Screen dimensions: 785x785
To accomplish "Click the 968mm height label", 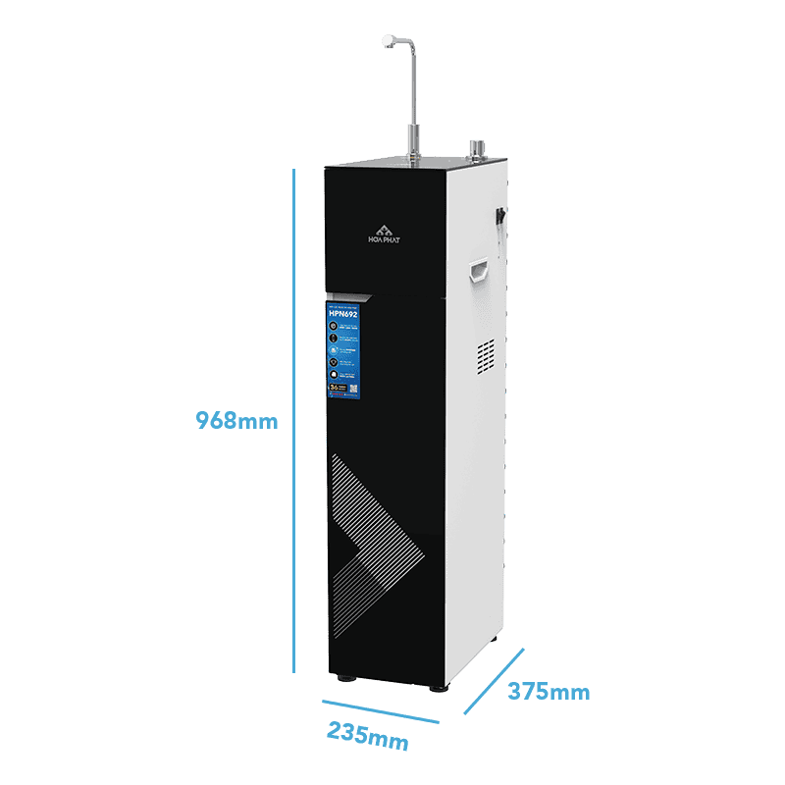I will pyautogui.click(x=236, y=421).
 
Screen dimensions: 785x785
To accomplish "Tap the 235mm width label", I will pyautogui.click(x=367, y=735).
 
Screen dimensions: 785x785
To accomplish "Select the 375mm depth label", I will pyautogui.click(x=549, y=692).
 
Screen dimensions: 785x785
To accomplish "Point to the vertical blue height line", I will pyautogui.click(x=293, y=422).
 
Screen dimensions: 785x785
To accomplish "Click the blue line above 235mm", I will pyautogui.click(x=381, y=710).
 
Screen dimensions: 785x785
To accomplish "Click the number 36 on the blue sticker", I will pyautogui.click(x=337, y=389).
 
